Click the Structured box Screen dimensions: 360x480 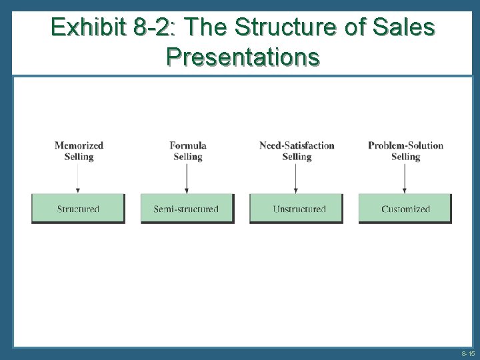[x=78, y=209]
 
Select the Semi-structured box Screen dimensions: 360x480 [x=187, y=209]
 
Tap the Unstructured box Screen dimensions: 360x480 [x=297, y=209]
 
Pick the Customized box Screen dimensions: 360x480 [x=405, y=209]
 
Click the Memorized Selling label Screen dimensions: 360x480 [x=79, y=151]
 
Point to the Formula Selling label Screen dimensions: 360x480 [x=187, y=151]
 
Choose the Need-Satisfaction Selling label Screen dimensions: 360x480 [x=297, y=151]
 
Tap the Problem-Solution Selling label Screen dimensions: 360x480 [x=405, y=151]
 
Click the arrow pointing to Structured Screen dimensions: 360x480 [x=79, y=178]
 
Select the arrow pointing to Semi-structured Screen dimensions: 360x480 [x=187, y=178]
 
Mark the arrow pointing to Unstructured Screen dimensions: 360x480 [x=295, y=178]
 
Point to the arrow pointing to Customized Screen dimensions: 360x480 [x=405, y=178]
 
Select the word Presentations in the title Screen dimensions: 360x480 [x=243, y=58]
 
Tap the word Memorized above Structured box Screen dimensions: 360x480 [x=79, y=146]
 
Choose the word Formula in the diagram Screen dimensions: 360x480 [x=187, y=146]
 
